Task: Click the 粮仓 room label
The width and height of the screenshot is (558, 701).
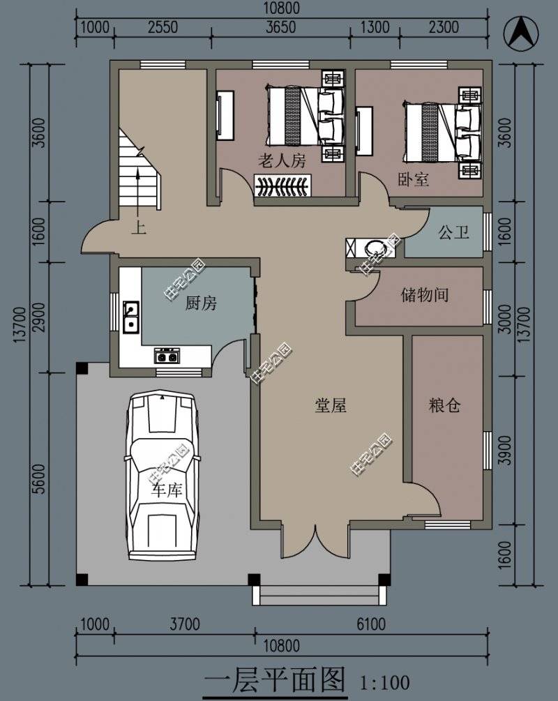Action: [x=444, y=405]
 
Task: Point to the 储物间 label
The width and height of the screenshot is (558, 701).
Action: [x=424, y=295]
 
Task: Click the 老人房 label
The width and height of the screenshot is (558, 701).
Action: [x=282, y=161]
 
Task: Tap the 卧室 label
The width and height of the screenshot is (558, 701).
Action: [x=413, y=179]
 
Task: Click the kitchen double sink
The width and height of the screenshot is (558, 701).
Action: [x=130, y=317]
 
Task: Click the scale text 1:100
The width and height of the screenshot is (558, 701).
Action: [x=384, y=681]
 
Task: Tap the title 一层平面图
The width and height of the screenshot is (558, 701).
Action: [x=275, y=679]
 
